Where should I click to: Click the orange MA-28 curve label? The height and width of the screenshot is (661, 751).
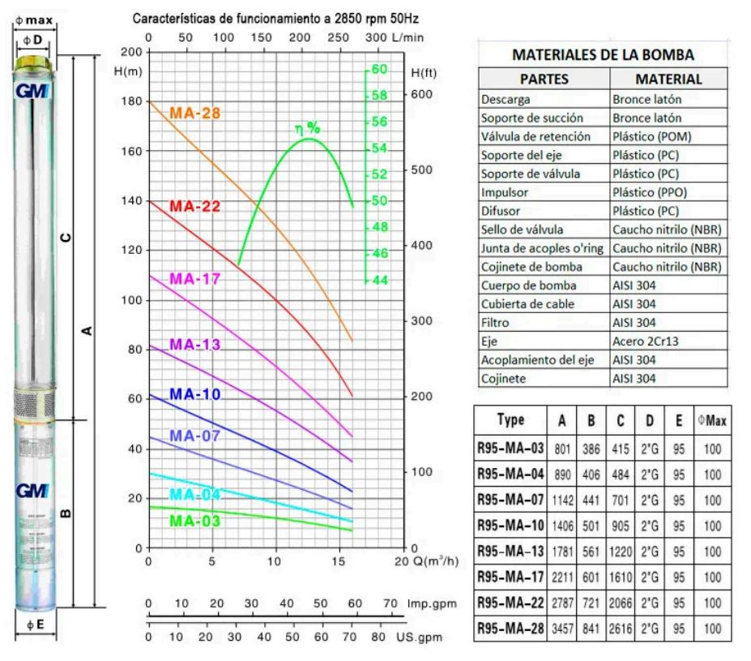click(194, 113)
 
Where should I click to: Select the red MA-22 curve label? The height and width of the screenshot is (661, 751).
click(194, 206)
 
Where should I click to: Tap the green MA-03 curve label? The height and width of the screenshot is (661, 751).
click(194, 521)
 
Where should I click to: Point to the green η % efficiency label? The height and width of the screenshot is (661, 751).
click(308, 128)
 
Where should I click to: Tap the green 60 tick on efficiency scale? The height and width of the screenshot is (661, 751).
click(379, 70)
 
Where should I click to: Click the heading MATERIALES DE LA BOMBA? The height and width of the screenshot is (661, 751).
click(604, 55)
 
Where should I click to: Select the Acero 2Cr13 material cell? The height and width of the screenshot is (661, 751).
click(646, 341)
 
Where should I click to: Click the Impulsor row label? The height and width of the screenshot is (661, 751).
click(504, 192)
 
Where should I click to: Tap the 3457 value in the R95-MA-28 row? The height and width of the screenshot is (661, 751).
click(562, 628)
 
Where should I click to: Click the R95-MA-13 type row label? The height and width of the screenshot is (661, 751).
click(510, 551)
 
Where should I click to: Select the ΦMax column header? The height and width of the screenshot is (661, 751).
click(712, 421)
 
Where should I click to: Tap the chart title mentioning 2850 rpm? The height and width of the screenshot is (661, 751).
click(275, 17)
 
